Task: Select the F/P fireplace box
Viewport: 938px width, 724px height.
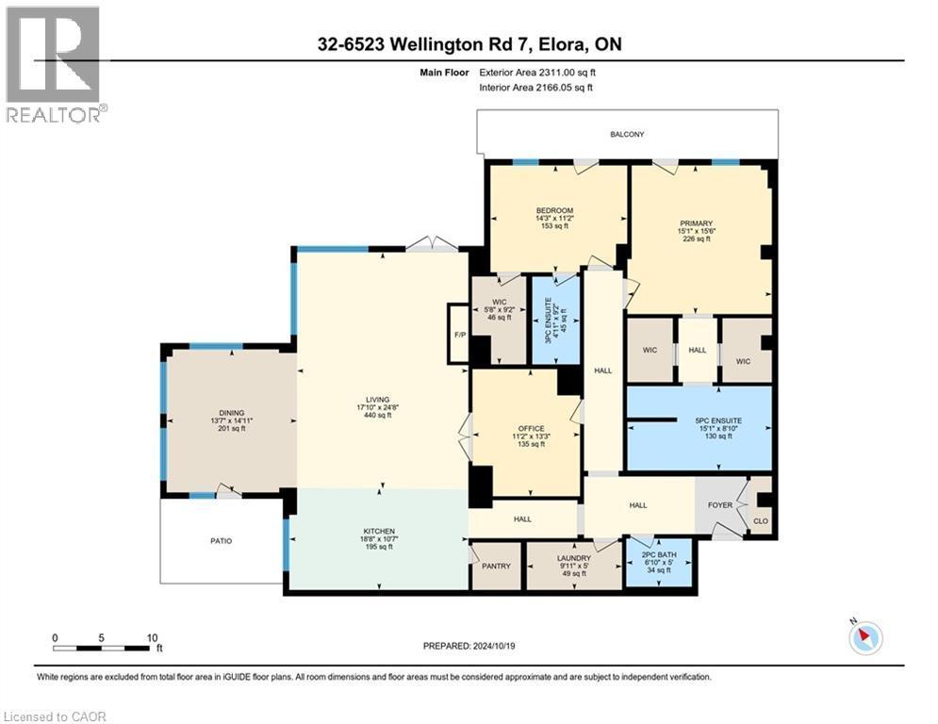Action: point(458,334)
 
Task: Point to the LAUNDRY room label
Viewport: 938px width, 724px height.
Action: point(572,558)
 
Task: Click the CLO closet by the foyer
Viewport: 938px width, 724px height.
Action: point(759,516)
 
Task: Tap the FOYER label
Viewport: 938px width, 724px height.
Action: point(720,505)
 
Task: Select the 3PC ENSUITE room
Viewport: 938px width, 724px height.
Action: point(554,320)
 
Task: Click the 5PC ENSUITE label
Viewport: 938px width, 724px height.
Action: point(699,420)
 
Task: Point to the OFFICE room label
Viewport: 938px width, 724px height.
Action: point(525,429)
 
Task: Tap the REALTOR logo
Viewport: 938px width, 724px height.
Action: point(55,65)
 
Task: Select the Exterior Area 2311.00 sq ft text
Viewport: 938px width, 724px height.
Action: point(536,71)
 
